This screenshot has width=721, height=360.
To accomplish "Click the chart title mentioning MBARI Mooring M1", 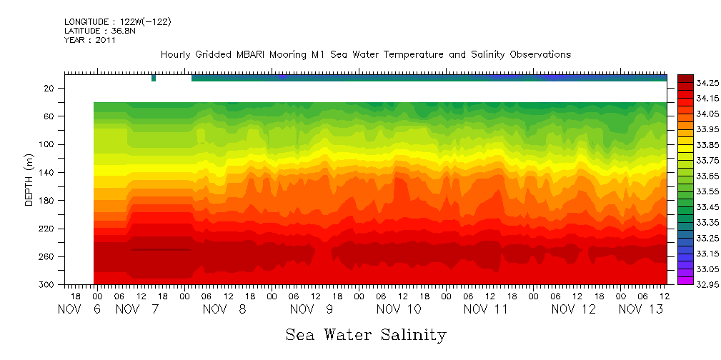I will click(x=365, y=55).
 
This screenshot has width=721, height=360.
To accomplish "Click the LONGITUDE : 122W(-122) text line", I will click(x=117, y=22).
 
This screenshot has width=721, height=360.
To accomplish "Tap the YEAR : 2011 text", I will click(x=89, y=40).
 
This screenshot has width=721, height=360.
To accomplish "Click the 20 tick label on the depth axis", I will click(x=49, y=89).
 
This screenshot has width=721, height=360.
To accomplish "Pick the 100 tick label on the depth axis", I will click(x=47, y=144).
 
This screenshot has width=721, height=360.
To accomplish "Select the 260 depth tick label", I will click(x=47, y=256).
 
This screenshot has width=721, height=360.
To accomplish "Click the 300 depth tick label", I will click(x=47, y=284).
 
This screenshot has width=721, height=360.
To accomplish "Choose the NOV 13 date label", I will click(x=640, y=309).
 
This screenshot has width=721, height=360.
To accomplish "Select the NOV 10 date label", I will click(x=399, y=309).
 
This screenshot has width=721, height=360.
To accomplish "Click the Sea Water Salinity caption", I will click(x=366, y=335).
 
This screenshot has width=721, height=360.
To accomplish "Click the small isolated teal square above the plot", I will click(x=154, y=78).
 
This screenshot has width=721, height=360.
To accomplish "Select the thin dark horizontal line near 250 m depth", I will click(x=161, y=250).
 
